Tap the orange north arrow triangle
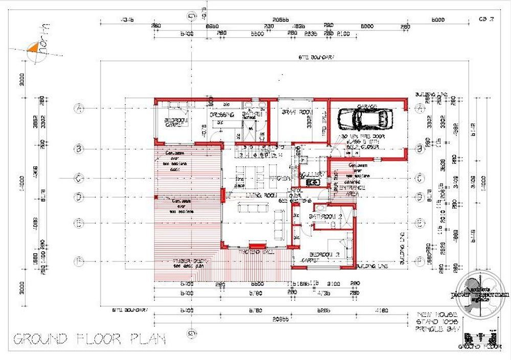(32, 48)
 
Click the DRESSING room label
(223, 115)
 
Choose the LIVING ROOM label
(255, 196)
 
